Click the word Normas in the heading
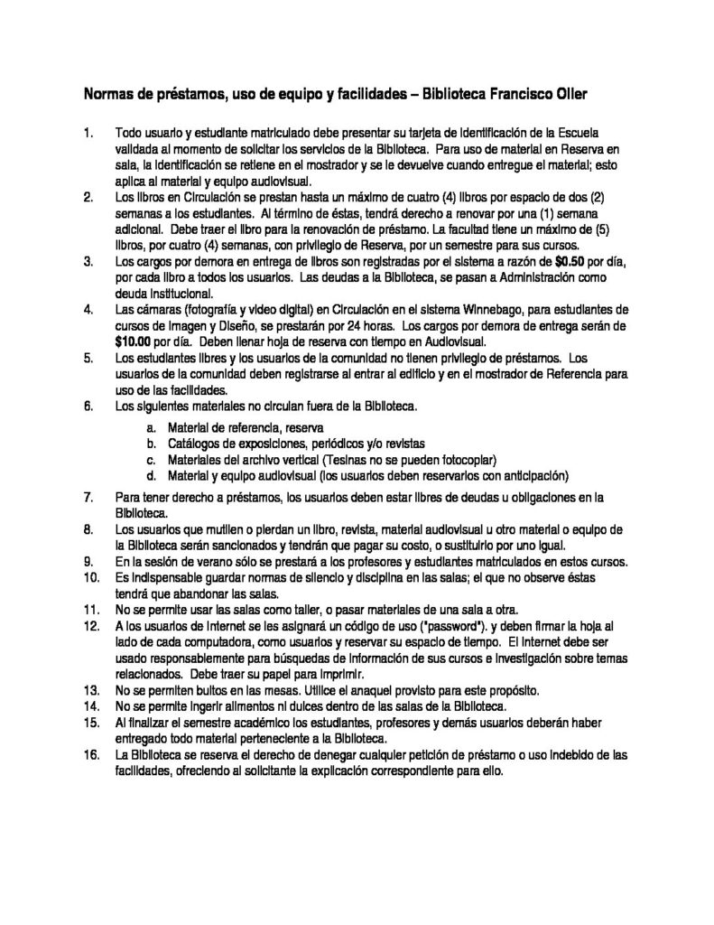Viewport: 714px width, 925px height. point(109,93)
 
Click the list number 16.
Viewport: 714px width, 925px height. point(90,753)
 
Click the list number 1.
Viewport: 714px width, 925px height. point(88,133)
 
